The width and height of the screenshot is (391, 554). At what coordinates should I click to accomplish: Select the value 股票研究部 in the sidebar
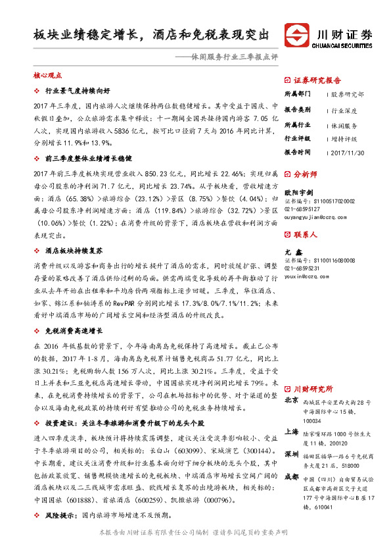[348, 95]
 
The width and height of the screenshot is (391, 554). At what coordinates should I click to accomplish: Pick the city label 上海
[292, 432]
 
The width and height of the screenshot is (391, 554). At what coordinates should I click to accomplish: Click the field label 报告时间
[297, 152]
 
